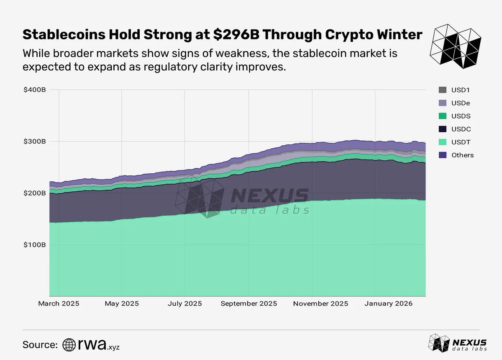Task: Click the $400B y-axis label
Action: point(34,90)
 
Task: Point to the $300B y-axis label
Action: point(34,141)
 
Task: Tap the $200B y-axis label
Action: point(34,193)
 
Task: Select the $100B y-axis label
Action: point(34,244)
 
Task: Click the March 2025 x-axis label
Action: point(58,303)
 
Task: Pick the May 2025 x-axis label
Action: point(121,303)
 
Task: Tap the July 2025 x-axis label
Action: point(184,303)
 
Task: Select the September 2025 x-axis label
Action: point(249,303)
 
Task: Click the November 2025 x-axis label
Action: point(320,303)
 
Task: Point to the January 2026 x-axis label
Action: point(388,303)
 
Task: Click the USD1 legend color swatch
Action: point(442,90)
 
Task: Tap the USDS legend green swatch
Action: point(442,116)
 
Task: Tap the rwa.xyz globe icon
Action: point(69,345)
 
